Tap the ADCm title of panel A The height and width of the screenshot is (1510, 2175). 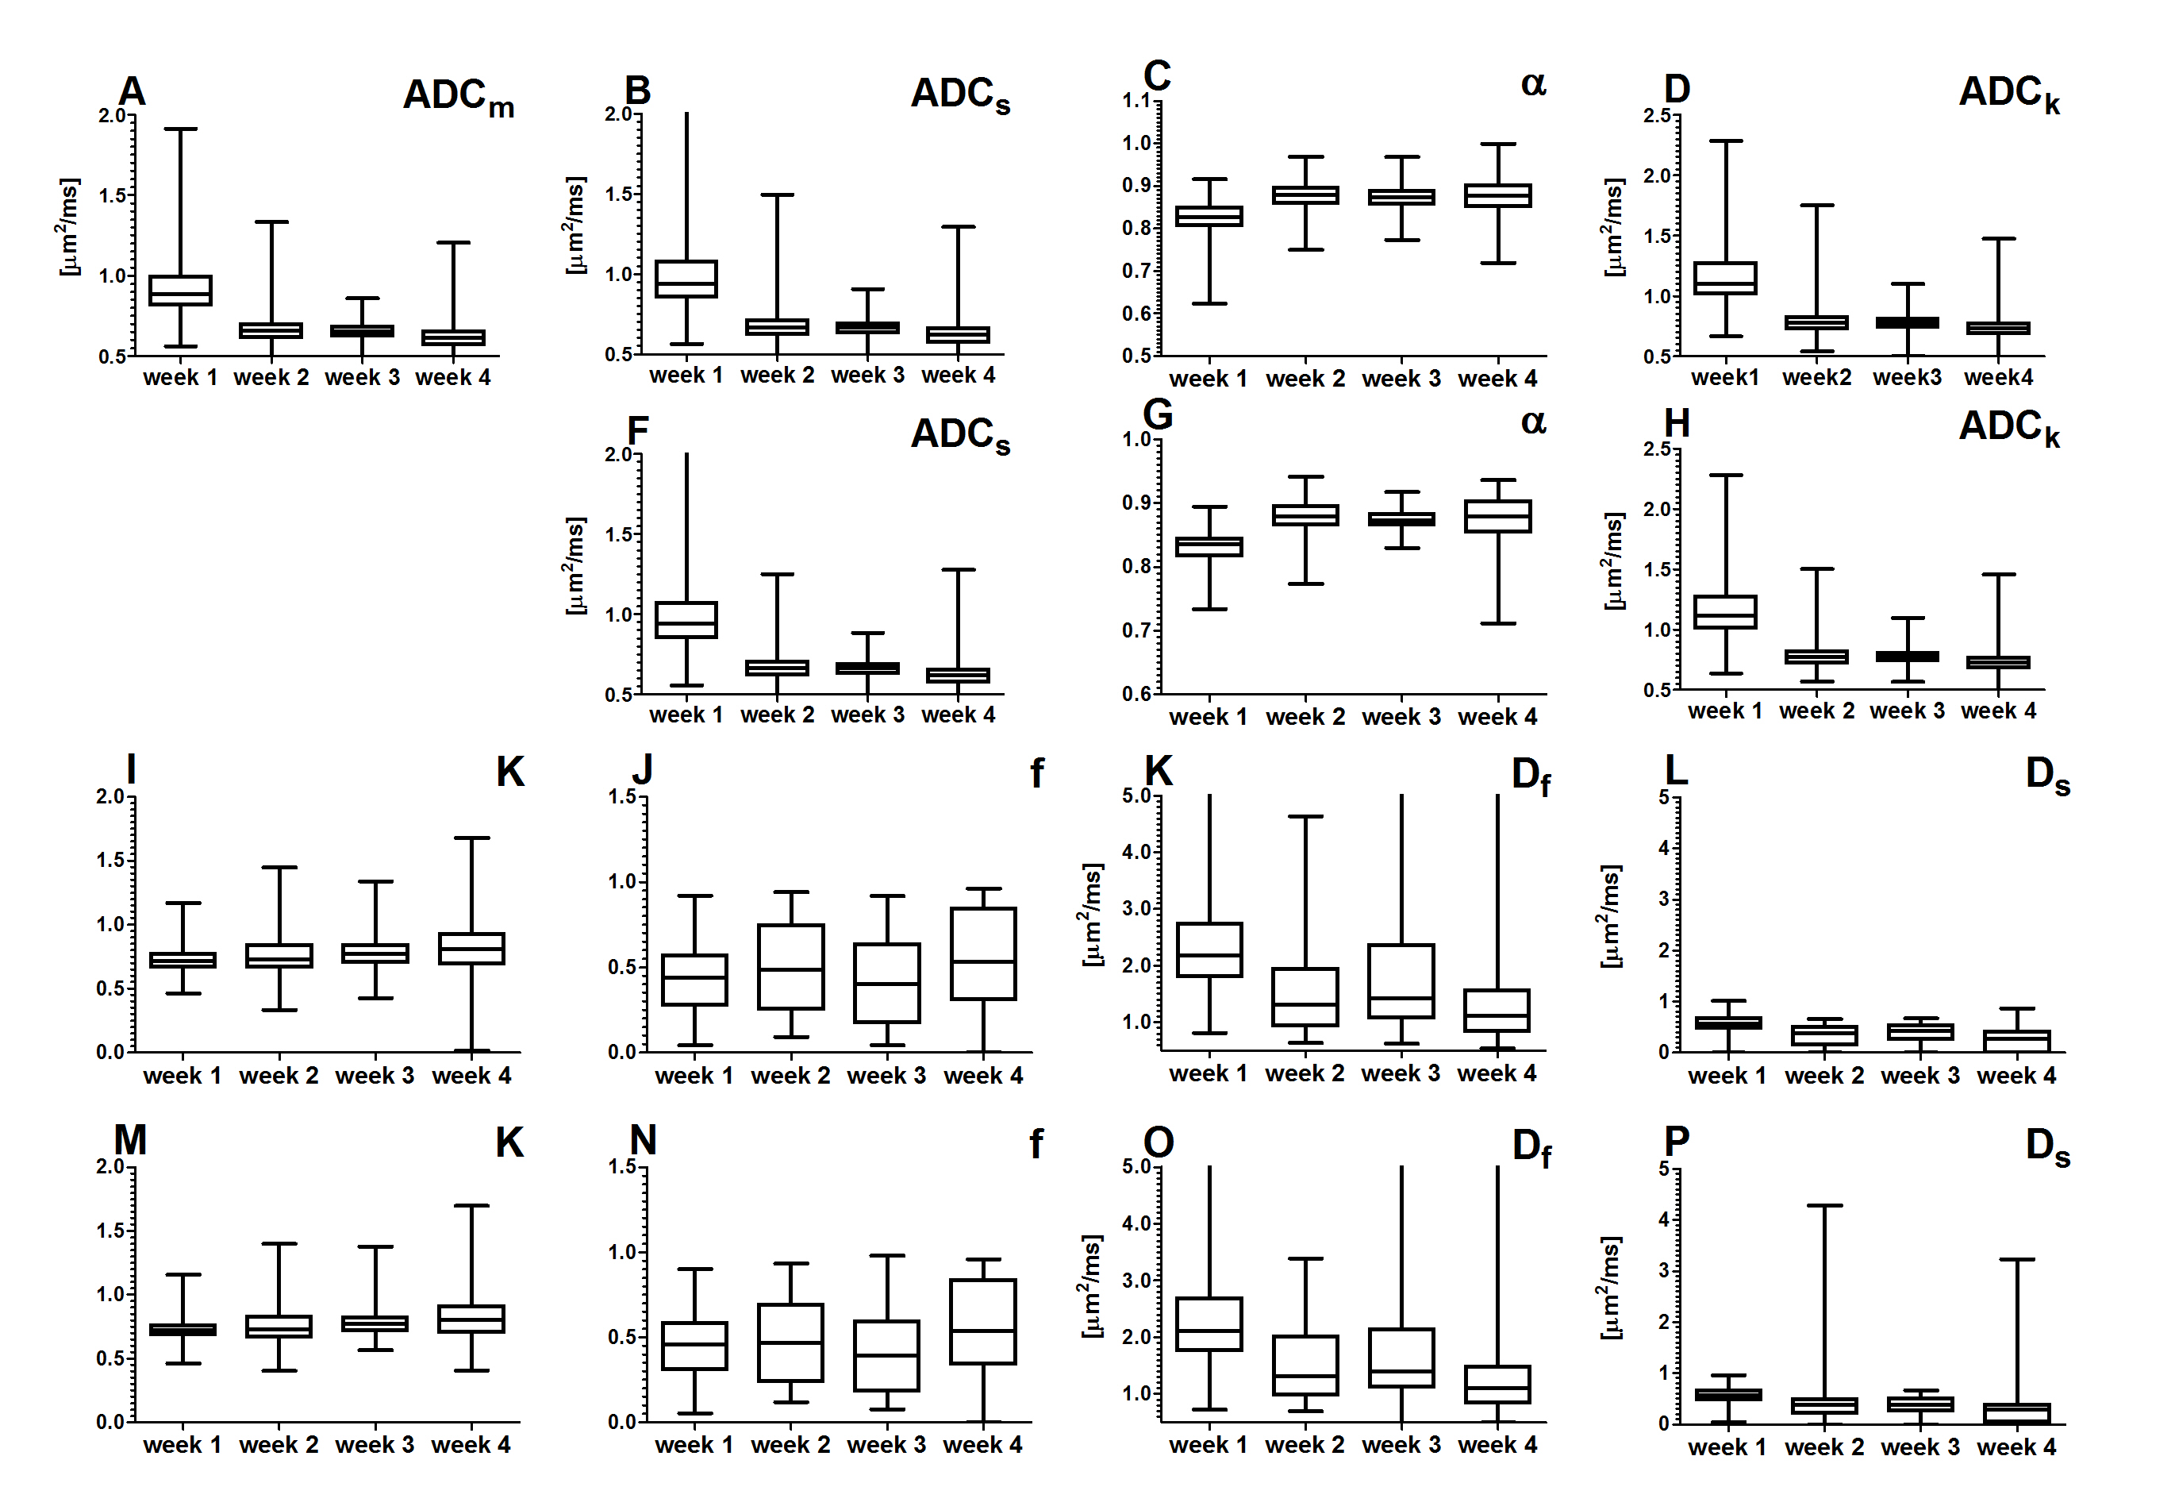[458, 97]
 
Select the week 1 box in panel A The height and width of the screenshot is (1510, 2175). [181, 290]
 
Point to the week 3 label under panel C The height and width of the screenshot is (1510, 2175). [1401, 379]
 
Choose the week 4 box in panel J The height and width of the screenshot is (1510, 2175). [983, 953]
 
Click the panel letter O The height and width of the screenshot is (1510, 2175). [1159, 1143]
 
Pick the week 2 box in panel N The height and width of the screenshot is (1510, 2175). [790, 1342]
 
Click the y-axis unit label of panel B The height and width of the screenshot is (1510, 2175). [574, 225]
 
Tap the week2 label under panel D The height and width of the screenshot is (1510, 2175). [1816, 378]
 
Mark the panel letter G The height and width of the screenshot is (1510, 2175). [1158, 415]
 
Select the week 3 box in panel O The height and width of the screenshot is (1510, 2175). [1401, 1358]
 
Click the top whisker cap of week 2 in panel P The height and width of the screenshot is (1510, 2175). [1824, 1205]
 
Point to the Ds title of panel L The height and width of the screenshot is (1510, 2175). [2047, 775]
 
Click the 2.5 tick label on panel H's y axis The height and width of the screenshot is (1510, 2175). [1657, 449]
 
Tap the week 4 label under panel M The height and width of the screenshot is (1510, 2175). [471, 1445]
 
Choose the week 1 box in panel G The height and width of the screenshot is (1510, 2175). [1209, 547]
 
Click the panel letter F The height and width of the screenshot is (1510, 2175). [638, 430]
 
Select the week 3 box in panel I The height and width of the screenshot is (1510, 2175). [375, 953]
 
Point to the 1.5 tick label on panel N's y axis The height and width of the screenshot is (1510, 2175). [622, 1166]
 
